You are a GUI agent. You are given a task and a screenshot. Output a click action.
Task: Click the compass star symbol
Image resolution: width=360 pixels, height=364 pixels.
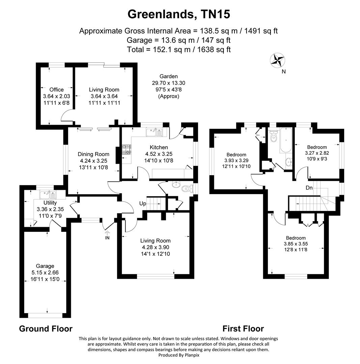click(278, 61)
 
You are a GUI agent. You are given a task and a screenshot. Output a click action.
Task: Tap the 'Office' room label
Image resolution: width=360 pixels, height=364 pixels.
click(56, 90)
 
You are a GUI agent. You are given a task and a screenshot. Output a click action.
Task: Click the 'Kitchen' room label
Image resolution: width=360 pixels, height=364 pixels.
click(159, 147)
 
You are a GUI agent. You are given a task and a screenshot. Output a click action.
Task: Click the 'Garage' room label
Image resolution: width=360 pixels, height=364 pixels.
click(46, 266)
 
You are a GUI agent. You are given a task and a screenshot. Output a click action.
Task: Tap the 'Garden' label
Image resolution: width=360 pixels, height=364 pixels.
click(168, 77)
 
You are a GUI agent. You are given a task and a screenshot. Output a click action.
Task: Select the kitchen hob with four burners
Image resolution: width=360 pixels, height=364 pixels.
click(126, 150)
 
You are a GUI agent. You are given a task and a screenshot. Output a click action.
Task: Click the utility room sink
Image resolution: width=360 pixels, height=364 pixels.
click(48, 195)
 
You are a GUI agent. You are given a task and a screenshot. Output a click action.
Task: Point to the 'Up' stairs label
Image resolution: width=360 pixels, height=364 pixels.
click(142, 204)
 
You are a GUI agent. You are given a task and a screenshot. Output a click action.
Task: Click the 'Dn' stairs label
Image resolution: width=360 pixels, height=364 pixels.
click(309, 187)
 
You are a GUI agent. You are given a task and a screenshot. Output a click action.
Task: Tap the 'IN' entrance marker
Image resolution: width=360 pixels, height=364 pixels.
click(108, 238)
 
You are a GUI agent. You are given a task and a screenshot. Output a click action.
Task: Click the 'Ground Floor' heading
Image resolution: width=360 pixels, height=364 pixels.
click(46, 329)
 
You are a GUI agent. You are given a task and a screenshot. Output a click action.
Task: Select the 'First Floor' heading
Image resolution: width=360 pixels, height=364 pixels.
click(243, 329)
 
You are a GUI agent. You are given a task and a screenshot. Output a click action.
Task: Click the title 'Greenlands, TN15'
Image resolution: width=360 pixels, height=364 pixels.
click(179, 14)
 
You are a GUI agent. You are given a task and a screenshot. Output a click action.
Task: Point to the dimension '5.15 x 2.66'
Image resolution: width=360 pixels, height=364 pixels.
click(46, 272)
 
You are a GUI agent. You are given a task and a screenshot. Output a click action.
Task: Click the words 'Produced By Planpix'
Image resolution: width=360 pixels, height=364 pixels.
click(178, 355)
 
